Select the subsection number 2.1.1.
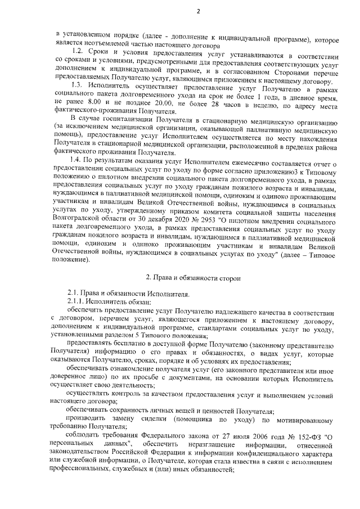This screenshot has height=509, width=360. tap(77, 303)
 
